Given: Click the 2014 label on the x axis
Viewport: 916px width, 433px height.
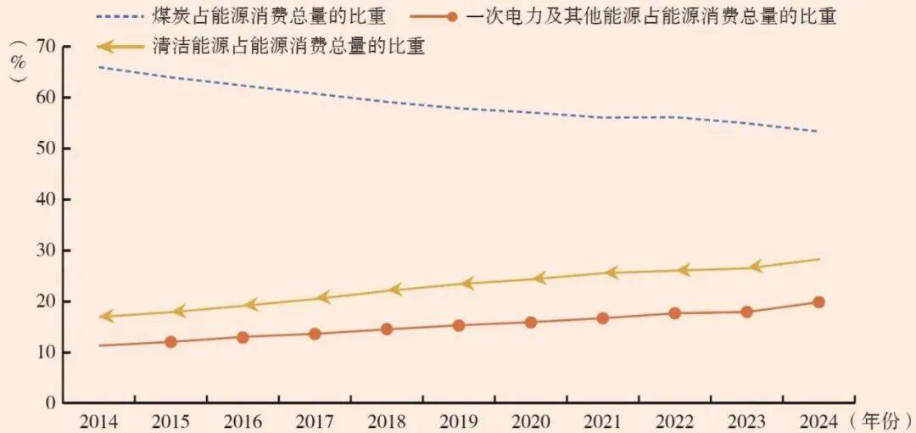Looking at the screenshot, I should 98,421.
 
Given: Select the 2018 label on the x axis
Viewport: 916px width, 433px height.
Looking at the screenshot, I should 387,421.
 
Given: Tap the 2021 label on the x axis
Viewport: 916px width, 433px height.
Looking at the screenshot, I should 603,421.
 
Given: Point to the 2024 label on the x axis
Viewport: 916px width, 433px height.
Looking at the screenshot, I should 818,421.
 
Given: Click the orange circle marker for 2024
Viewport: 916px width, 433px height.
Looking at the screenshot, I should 818,302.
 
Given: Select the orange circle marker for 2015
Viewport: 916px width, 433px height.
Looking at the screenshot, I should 170,342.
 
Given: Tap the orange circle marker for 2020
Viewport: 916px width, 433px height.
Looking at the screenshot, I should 531,323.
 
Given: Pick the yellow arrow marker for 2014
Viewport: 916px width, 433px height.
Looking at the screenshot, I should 105,317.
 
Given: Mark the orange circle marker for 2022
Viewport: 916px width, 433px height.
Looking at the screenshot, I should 675,313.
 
